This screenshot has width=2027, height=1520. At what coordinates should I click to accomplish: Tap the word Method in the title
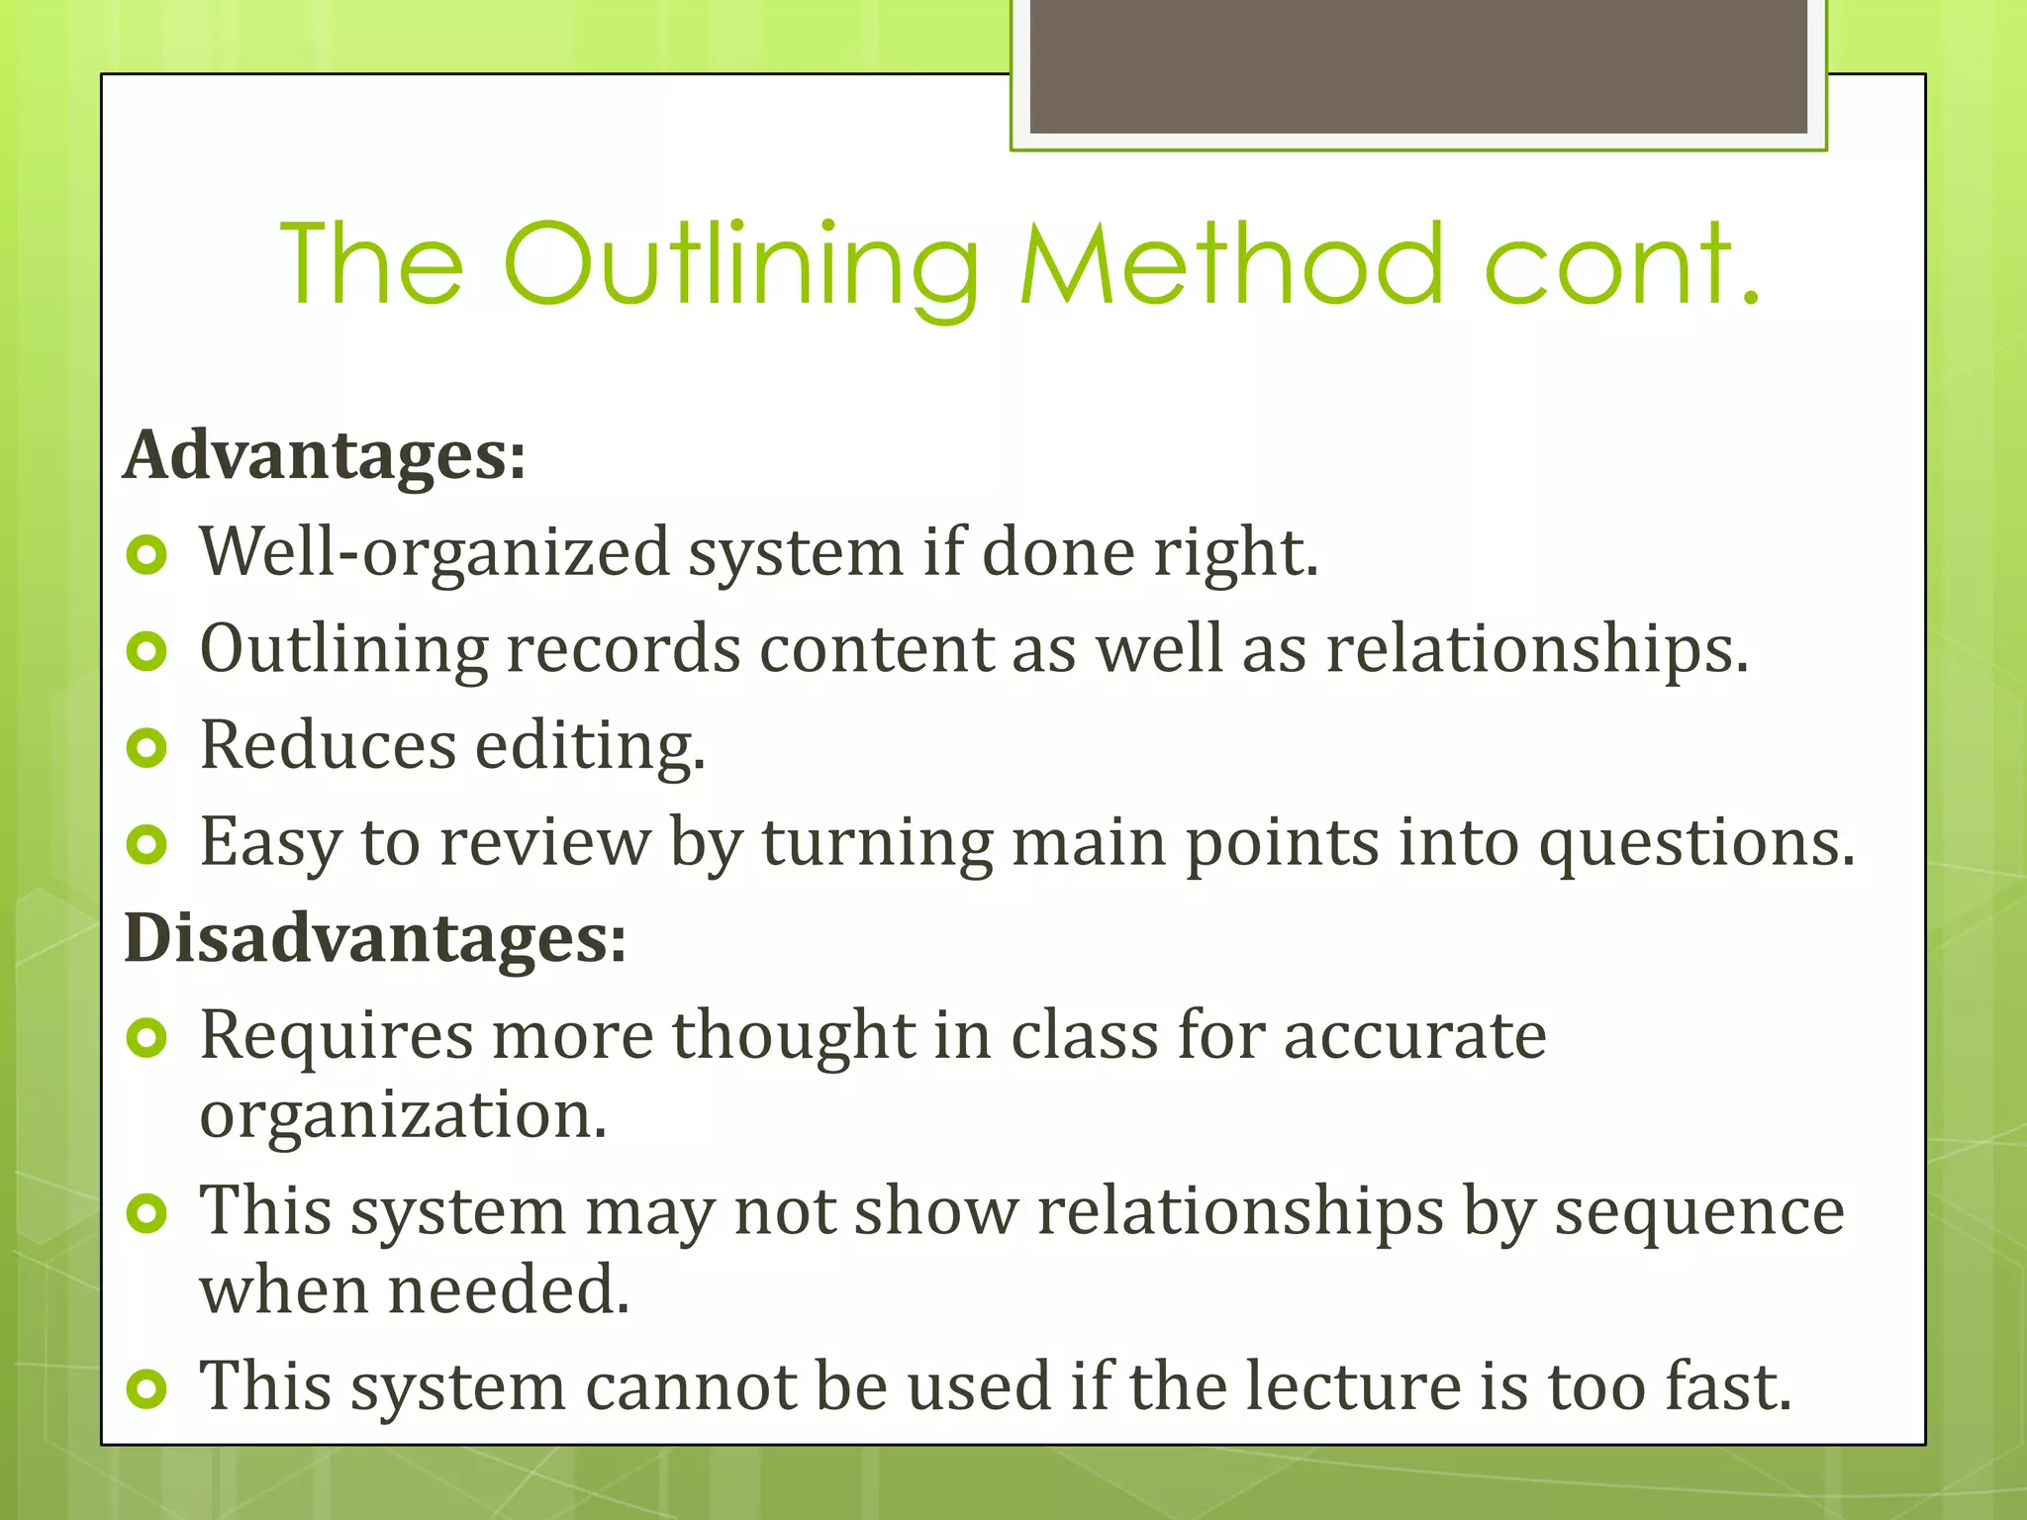(x=1231, y=265)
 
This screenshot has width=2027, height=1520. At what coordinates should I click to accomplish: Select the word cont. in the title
(x=1623, y=265)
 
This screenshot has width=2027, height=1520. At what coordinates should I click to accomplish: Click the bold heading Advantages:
(x=325, y=456)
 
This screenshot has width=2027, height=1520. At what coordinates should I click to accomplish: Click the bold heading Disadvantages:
(x=375, y=937)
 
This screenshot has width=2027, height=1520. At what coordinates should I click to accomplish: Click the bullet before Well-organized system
(x=147, y=555)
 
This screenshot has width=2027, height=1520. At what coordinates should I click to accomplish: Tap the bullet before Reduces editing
(x=147, y=748)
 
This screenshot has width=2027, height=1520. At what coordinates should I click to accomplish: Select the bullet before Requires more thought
(x=147, y=1038)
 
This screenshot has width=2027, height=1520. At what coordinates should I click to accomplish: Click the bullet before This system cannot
(x=147, y=1389)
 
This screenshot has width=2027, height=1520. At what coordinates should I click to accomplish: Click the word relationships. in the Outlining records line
(x=1537, y=650)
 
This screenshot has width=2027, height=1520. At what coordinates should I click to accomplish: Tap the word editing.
(x=590, y=746)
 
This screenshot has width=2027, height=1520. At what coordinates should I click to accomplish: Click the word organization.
(x=403, y=1116)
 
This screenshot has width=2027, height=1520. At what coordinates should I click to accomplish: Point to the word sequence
(x=1698, y=1212)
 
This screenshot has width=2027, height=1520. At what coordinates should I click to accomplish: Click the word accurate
(x=1414, y=1036)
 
